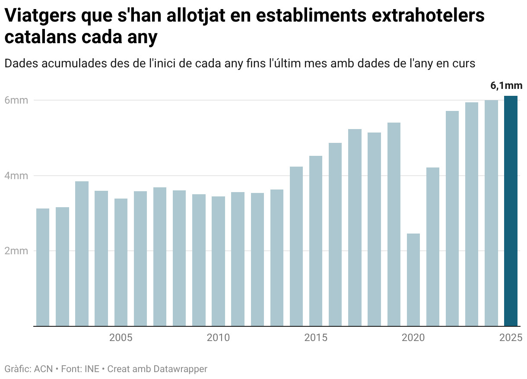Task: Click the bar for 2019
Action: (394, 224)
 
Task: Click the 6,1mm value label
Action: (506, 85)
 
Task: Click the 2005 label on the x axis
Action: (121, 337)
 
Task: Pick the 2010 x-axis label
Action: (218, 337)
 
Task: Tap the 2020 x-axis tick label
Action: (413, 337)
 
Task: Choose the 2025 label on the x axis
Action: (511, 337)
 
